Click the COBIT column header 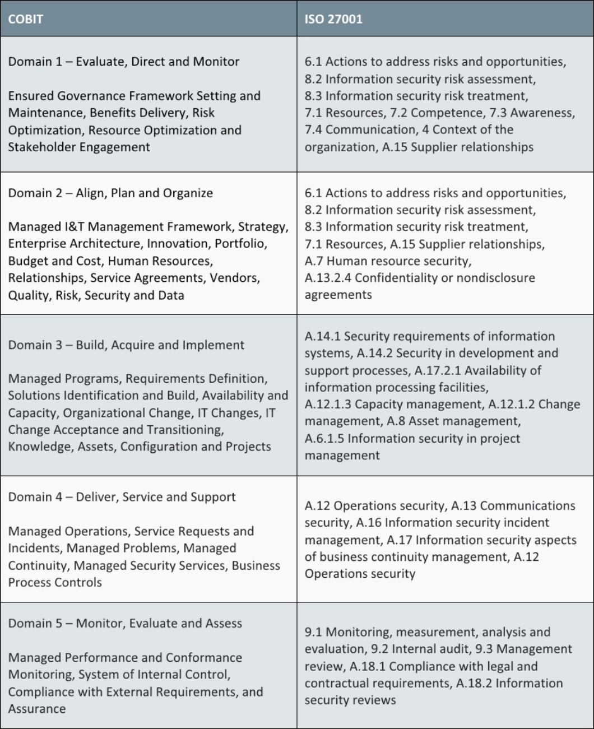click(25, 19)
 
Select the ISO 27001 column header click(333, 19)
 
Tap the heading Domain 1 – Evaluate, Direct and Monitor click(123, 62)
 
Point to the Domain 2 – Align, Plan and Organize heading click(110, 193)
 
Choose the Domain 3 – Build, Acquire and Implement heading click(126, 345)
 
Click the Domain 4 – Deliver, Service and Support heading click(122, 497)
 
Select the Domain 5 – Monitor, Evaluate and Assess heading click(125, 624)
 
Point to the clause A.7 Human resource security click(388, 261)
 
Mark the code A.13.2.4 click(328, 278)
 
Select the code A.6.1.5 click(324, 439)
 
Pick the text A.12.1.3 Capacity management click(393, 405)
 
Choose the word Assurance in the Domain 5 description click(37, 709)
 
